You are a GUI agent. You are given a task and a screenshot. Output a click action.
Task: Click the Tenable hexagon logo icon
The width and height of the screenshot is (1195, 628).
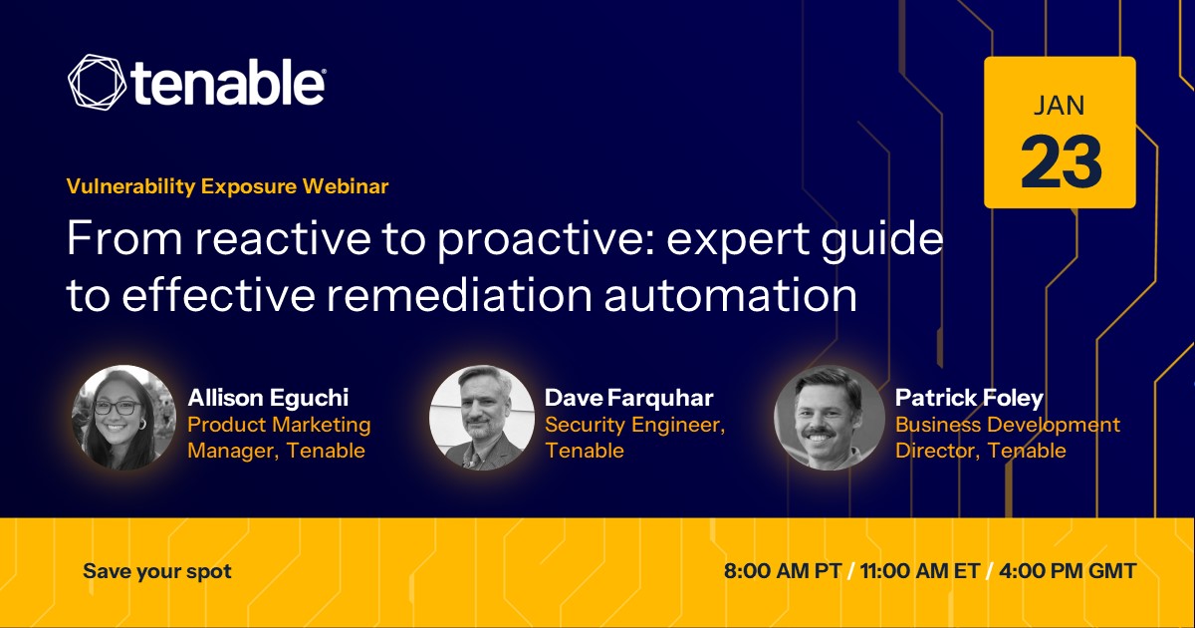[x=98, y=82]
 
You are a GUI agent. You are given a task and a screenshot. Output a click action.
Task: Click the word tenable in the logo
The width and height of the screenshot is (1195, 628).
[x=228, y=82]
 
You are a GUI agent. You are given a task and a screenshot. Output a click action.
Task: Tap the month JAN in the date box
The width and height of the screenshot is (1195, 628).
[x=1059, y=106]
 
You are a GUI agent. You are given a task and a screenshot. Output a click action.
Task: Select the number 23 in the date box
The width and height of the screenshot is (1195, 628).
[x=1061, y=161]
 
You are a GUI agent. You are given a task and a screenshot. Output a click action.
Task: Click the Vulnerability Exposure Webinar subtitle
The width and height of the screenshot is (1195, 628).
[x=228, y=186]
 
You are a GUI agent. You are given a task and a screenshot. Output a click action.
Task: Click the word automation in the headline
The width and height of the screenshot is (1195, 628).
[x=730, y=295]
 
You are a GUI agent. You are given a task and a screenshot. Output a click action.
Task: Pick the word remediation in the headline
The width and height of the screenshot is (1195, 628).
[x=459, y=295]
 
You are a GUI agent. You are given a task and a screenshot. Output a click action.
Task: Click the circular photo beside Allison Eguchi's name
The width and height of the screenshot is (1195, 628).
[x=123, y=418]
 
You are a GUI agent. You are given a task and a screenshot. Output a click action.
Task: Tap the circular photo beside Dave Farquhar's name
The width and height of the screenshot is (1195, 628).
[x=481, y=418]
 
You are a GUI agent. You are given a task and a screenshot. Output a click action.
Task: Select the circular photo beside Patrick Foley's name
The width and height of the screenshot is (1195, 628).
[x=829, y=418]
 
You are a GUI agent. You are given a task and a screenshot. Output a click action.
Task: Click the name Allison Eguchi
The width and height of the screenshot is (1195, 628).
[x=268, y=398]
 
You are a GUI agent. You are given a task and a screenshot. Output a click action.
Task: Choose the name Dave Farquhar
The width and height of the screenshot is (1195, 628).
[x=629, y=398]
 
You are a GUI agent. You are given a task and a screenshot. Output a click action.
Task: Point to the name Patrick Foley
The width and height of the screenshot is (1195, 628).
[x=969, y=398]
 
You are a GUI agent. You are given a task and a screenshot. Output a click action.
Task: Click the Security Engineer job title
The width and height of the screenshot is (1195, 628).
[x=635, y=425]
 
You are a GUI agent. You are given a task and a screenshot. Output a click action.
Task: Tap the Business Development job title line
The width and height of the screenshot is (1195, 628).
[x=1007, y=425]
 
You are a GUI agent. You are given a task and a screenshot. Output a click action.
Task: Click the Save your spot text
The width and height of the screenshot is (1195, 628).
[x=157, y=571]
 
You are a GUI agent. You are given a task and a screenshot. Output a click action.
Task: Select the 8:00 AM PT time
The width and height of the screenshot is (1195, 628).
[x=783, y=571]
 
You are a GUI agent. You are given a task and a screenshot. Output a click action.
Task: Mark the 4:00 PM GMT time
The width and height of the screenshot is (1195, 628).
[x=1068, y=571]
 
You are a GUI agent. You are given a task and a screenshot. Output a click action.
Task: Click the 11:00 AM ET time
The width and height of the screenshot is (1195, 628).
[x=920, y=571]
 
